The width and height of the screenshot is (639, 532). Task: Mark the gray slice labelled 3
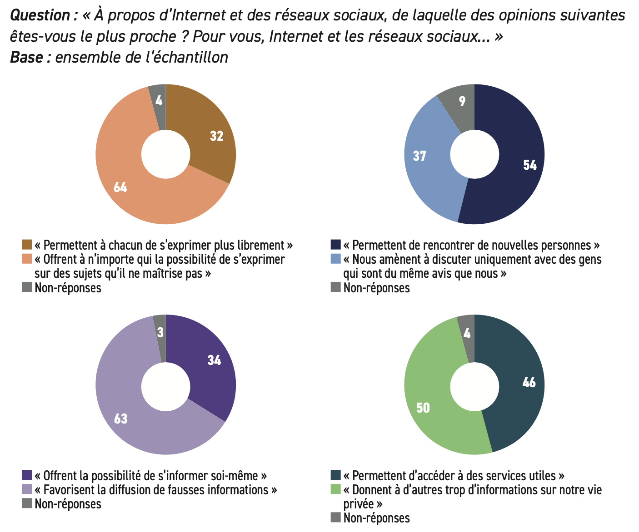coord(160,334)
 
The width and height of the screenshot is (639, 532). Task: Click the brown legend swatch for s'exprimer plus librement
coord(27,245)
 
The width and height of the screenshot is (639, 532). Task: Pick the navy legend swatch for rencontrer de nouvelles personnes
coord(335,245)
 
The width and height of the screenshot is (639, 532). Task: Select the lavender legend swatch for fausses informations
coord(27,489)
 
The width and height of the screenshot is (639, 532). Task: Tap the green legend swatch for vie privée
coord(335,489)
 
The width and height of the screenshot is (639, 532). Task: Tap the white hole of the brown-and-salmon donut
coord(166,154)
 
